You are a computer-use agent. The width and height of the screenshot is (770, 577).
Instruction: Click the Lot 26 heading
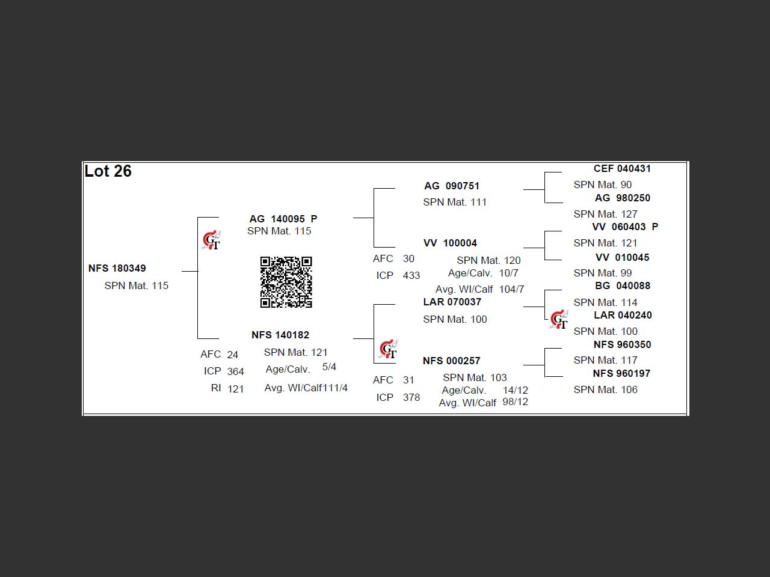coord(108,171)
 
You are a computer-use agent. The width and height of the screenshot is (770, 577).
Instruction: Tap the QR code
coord(286,282)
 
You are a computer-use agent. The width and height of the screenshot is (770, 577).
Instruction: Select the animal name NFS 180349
coord(117,268)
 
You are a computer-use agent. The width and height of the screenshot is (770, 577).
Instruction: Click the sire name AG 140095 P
coord(283,219)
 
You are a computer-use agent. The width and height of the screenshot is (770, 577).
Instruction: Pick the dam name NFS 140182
coord(280,335)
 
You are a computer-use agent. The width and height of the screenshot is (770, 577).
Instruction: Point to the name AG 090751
coord(452,186)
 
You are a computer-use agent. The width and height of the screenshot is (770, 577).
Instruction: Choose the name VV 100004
coord(450,243)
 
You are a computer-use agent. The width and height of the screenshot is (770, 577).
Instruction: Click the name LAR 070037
coord(452,302)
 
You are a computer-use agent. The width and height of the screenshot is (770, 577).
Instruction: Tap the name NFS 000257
coord(451,361)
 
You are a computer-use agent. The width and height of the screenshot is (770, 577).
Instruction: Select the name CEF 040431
coord(622,168)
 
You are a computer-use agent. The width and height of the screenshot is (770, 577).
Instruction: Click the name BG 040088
coord(623,285)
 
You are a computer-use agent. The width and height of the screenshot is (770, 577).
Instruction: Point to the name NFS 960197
coord(621,373)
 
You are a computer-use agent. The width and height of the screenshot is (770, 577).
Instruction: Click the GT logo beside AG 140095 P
coord(211,240)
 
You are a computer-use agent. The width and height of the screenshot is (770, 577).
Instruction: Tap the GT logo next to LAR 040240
coord(559,320)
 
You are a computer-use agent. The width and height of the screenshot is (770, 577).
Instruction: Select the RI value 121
coord(236,389)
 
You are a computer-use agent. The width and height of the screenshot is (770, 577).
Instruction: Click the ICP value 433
coord(411,275)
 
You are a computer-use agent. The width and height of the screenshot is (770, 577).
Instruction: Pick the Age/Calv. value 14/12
coord(516,390)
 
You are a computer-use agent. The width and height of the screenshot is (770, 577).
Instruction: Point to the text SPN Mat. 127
coord(605,214)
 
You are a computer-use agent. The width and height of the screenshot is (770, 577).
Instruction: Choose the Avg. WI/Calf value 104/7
coord(511,289)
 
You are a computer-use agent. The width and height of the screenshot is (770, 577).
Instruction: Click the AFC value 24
coord(233,355)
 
